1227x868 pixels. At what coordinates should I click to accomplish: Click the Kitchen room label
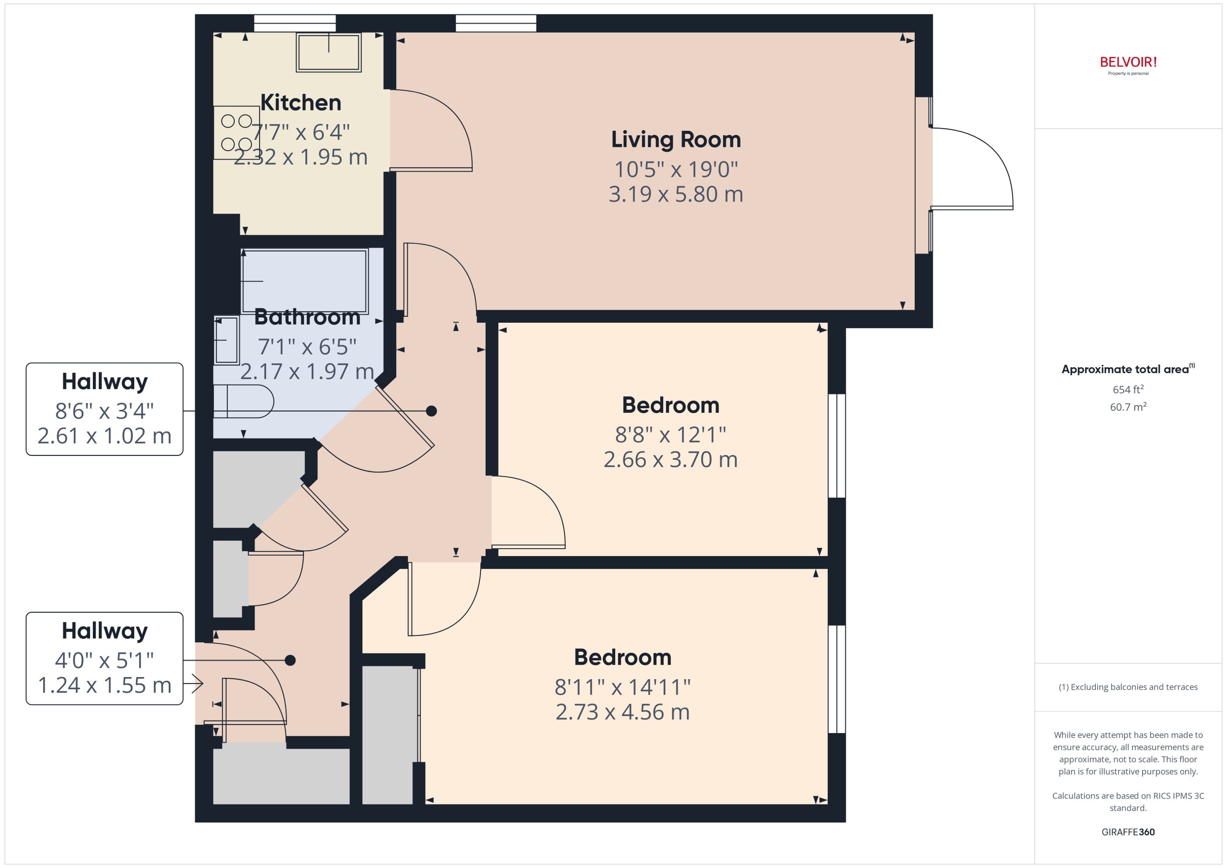click(x=300, y=103)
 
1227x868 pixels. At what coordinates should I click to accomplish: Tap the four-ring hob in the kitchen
click(x=236, y=132)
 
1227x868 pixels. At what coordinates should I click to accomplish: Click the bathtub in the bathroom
click(x=305, y=281)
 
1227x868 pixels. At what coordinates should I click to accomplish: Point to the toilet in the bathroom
click(x=243, y=401)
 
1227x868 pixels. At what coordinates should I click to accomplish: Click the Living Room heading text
click(x=676, y=139)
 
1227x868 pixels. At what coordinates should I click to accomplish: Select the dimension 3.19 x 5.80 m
click(x=676, y=194)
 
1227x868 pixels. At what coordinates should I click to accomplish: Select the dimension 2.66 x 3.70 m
click(x=670, y=460)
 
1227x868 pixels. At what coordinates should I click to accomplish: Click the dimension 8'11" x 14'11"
click(x=622, y=687)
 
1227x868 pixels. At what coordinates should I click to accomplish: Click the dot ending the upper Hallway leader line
click(x=432, y=411)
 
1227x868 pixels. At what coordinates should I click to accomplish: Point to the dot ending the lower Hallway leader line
click(x=290, y=661)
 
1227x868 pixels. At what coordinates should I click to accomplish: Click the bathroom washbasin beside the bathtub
click(x=227, y=341)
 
